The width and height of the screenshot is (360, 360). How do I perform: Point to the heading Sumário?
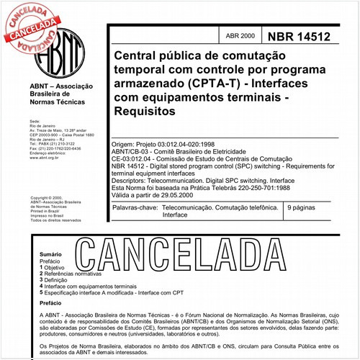pos(50,255)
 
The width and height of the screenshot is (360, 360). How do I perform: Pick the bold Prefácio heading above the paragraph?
pos(52,304)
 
